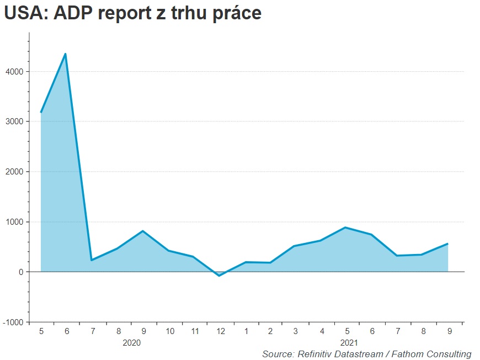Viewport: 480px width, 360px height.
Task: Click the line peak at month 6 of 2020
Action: click(x=66, y=54)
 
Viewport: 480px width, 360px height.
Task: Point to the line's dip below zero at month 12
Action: click(x=219, y=276)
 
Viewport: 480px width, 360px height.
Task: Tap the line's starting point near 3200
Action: click(x=41, y=112)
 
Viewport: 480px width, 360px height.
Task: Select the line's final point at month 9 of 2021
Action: click(x=447, y=243)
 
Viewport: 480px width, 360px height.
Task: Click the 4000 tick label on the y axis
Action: click(x=14, y=72)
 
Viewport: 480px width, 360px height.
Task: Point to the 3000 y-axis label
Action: click(x=14, y=121)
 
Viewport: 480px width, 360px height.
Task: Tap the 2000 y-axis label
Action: click(x=14, y=172)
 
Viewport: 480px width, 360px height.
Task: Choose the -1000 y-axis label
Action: click(x=13, y=322)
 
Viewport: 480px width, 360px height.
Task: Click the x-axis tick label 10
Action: click(x=170, y=331)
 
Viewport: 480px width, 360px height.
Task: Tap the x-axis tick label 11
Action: click(x=195, y=331)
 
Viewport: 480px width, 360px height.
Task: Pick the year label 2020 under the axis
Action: click(x=131, y=342)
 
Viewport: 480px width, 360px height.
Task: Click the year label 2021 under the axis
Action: click(x=349, y=342)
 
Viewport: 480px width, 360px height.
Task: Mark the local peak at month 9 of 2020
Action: click(x=143, y=231)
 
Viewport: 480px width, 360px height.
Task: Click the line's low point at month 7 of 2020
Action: click(x=91, y=260)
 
